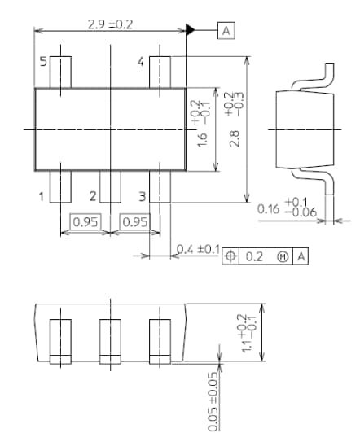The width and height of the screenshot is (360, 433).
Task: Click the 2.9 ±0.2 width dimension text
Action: (110, 24)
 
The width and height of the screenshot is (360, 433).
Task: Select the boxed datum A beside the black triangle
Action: (226, 30)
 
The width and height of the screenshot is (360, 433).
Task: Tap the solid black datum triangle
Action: (191, 30)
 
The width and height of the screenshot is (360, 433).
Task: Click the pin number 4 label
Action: (140, 62)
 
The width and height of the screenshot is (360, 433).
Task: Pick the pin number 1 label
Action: (40, 195)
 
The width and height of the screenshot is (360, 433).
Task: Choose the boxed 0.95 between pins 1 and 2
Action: (85, 221)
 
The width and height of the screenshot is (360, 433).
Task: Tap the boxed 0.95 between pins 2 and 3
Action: (134, 221)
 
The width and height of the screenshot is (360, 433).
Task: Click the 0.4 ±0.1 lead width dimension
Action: (198, 248)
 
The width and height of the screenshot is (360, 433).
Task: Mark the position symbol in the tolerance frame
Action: (230, 256)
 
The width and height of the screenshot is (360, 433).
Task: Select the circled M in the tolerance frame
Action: (283, 256)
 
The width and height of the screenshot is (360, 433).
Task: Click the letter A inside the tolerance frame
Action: (301, 256)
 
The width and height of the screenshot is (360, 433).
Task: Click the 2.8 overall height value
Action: (235, 139)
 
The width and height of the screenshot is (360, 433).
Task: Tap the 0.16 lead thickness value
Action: (269, 209)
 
